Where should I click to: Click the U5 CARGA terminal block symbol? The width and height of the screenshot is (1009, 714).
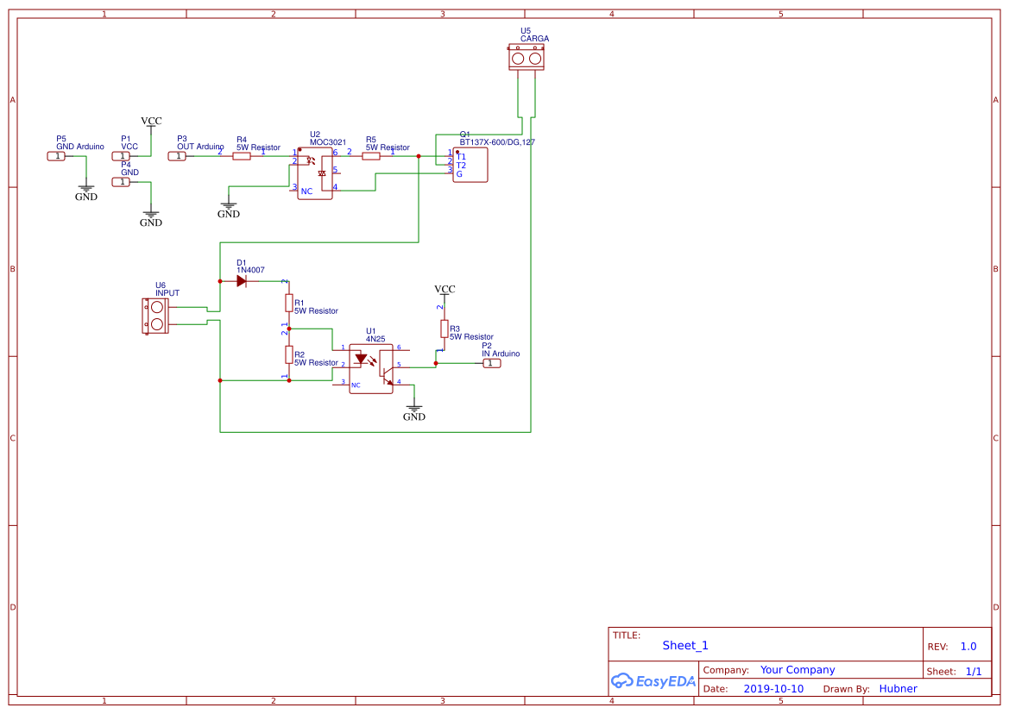click(526, 59)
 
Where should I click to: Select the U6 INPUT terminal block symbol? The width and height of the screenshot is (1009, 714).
click(156, 316)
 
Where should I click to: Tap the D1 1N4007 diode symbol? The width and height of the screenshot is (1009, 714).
click(241, 281)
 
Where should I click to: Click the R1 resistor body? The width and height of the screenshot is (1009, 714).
click(289, 304)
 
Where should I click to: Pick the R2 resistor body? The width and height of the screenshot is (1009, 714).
click(289, 355)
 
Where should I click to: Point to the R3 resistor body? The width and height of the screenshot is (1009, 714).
click(445, 329)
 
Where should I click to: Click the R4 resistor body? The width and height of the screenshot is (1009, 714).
click(242, 156)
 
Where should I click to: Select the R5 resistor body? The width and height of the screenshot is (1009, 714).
click(371, 156)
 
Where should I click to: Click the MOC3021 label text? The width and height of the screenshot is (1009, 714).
click(328, 142)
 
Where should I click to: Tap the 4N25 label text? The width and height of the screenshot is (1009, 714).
click(375, 339)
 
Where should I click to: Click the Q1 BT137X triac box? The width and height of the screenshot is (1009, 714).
click(470, 165)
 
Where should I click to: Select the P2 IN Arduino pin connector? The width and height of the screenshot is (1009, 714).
click(490, 363)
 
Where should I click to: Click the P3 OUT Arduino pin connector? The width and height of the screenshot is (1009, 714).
click(176, 156)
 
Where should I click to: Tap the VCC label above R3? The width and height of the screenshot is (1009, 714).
click(445, 290)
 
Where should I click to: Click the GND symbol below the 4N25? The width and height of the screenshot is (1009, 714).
click(414, 411)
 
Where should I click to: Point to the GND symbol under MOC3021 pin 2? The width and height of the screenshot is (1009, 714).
click(228, 209)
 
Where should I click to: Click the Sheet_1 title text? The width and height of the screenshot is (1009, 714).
click(685, 645)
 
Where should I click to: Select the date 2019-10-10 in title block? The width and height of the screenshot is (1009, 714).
click(773, 688)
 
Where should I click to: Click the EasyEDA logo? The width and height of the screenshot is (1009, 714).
click(653, 681)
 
